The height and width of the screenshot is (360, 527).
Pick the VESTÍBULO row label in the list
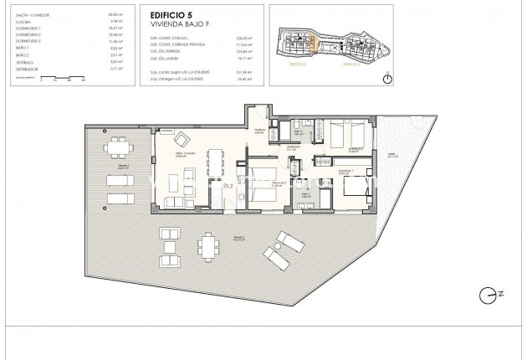[x=23, y=61]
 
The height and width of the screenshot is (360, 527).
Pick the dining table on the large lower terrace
[x=207, y=246]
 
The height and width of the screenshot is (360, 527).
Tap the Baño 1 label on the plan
[x=299, y=131]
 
